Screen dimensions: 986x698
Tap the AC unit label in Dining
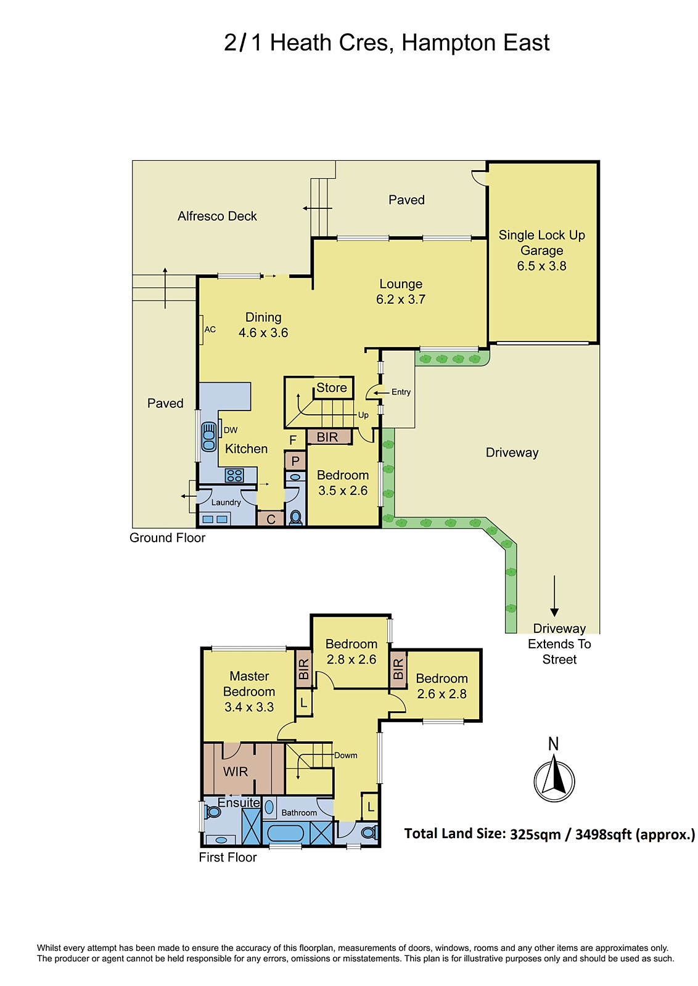(x=210, y=330)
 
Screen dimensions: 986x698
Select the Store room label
(x=331, y=388)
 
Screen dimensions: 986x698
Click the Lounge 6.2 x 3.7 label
(x=401, y=291)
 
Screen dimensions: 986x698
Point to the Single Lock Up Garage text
(x=541, y=242)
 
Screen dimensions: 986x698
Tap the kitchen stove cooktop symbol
(x=234, y=475)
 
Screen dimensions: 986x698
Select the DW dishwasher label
(x=231, y=430)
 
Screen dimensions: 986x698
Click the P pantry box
(x=295, y=461)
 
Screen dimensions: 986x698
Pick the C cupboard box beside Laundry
(x=271, y=519)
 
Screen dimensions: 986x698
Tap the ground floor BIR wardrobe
(x=328, y=437)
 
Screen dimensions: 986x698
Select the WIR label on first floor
(x=236, y=772)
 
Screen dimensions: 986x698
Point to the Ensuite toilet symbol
(x=213, y=812)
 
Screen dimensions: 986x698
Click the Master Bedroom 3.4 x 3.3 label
(x=249, y=691)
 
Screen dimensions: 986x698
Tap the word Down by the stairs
(x=346, y=755)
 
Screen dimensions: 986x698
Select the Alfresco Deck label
(x=217, y=216)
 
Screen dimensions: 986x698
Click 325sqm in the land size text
(x=535, y=834)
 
